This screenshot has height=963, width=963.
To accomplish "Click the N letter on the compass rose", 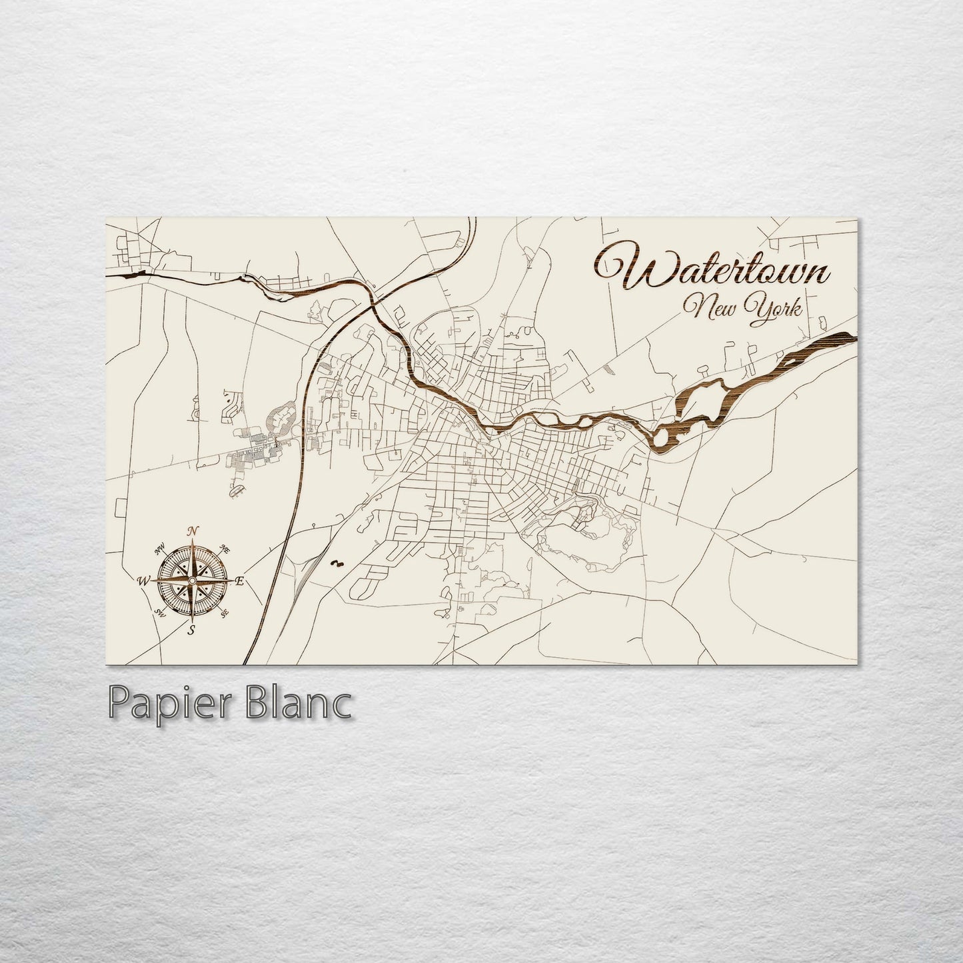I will [x=193, y=530].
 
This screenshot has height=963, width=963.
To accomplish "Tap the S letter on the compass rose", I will [x=192, y=631].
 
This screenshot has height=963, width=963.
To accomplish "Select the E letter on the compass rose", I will [x=240, y=582].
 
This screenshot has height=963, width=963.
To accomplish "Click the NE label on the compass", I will [x=225, y=550].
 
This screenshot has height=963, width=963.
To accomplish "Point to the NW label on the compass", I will [x=160, y=550].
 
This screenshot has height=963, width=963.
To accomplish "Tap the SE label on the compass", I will [x=225, y=612].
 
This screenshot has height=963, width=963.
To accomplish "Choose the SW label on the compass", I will [x=160, y=612].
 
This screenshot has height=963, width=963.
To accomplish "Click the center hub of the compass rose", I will [x=192, y=581].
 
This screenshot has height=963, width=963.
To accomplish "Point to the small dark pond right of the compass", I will [x=336, y=564].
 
